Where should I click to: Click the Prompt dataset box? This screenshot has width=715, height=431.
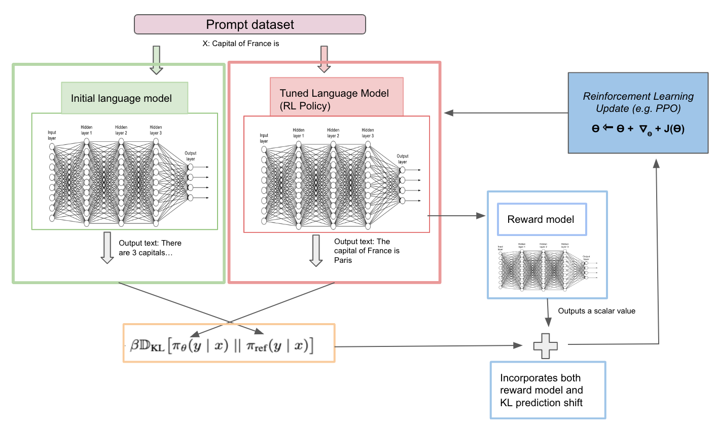[x=249, y=24]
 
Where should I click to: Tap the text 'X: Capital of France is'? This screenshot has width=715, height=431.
[x=241, y=44]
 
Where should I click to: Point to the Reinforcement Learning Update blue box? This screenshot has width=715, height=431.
[x=638, y=112]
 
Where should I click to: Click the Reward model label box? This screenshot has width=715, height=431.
[x=542, y=219]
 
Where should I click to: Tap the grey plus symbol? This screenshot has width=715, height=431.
[x=546, y=346]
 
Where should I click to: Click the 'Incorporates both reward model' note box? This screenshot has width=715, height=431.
[x=548, y=390]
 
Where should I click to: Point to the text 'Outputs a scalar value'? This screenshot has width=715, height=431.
[x=596, y=311]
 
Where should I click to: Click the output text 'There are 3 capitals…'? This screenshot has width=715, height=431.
[x=150, y=248]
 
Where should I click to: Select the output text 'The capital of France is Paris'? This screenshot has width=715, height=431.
[x=366, y=251]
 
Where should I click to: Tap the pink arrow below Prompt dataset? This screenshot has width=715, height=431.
[x=324, y=59]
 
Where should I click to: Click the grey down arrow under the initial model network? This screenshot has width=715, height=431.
[x=107, y=248]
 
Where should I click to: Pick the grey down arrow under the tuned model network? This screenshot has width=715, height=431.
[x=316, y=250]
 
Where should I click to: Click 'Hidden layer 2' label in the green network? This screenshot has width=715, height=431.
[x=121, y=130]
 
